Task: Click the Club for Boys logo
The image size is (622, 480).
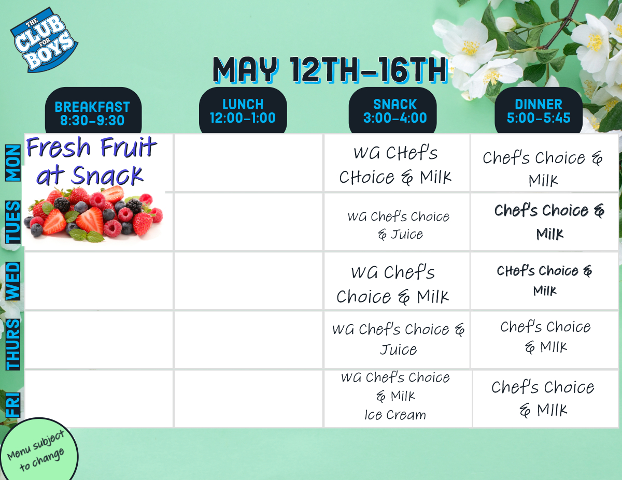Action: (44, 40)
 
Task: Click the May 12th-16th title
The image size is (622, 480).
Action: (330, 70)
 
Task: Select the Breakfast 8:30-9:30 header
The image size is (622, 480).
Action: (93, 111)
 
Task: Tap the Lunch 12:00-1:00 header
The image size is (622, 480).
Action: (243, 111)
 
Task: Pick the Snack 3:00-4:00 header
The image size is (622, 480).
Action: (392, 111)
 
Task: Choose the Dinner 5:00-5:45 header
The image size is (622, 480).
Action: (539, 111)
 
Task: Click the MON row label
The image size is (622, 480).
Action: (13, 163)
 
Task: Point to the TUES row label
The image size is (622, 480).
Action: (13, 222)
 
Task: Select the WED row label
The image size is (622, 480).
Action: (13, 281)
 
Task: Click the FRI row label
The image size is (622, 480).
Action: (13, 405)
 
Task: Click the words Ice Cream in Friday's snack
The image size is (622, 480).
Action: (395, 415)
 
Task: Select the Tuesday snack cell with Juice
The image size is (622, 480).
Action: (397, 222)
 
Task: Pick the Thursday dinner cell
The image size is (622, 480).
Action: (544, 340)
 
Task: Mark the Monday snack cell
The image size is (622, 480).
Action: (397, 163)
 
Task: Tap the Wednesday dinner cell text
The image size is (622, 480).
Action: (544, 281)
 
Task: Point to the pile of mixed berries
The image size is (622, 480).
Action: (93, 214)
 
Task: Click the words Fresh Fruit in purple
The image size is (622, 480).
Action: (92, 147)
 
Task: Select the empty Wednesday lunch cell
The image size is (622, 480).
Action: (248, 281)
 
